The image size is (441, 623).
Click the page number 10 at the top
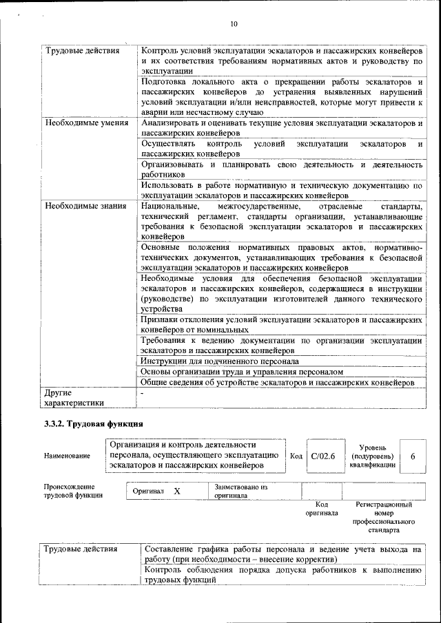coord(234,24)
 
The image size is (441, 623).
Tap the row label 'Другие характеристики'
coord(74,398)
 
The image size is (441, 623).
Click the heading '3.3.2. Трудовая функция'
coord(94,423)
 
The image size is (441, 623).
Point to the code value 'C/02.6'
coord(322,455)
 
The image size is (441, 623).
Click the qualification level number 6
coord(413,455)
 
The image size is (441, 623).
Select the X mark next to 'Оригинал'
coord(177,492)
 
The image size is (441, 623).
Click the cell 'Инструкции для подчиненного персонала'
coord(220,361)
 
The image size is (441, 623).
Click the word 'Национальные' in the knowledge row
coord(170,206)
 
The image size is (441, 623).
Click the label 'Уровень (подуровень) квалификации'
coord(372,456)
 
